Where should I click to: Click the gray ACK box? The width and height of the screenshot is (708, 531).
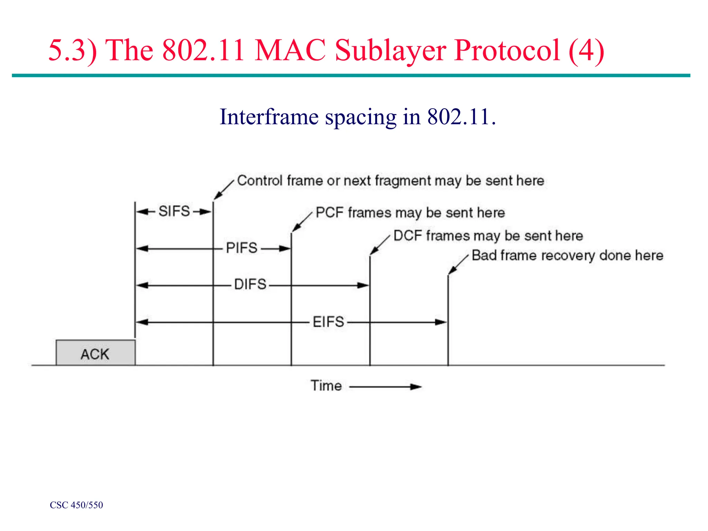(x=95, y=353)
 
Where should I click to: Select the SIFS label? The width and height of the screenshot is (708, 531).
(x=174, y=211)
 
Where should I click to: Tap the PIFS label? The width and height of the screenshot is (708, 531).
(x=242, y=248)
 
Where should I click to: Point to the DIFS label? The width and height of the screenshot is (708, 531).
(x=250, y=285)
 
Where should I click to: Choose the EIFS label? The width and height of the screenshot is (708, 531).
(x=328, y=322)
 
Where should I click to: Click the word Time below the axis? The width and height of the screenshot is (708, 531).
(x=326, y=385)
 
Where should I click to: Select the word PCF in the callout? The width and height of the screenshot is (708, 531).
(x=329, y=213)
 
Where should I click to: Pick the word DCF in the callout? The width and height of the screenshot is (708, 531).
(x=408, y=236)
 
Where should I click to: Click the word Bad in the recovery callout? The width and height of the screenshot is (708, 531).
(x=484, y=255)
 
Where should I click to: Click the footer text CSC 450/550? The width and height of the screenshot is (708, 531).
(x=76, y=505)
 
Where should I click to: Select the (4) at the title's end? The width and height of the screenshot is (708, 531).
(x=586, y=50)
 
